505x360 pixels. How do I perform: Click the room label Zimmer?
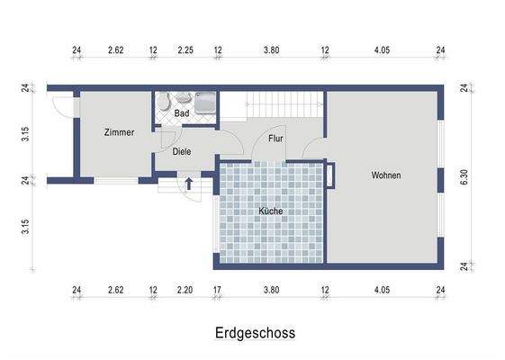pyautogui.click(x=119, y=132)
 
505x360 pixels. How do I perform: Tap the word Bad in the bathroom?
pyautogui.click(x=181, y=113)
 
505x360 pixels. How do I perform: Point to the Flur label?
pyautogui.click(x=276, y=139)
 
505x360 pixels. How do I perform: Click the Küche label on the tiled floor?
pyautogui.click(x=270, y=211)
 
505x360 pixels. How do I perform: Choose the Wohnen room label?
pyautogui.click(x=385, y=175)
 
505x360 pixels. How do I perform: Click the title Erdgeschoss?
pyautogui.click(x=255, y=333)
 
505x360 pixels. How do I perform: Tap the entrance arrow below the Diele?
pyautogui.click(x=190, y=184)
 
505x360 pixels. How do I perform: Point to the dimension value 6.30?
pyautogui.click(x=464, y=177)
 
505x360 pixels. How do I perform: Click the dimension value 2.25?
pyautogui.click(x=185, y=51)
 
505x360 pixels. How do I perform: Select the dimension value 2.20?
pyautogui.click(x=185, y=290)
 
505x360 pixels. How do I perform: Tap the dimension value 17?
pyautogui.click(x=217, y=290)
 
